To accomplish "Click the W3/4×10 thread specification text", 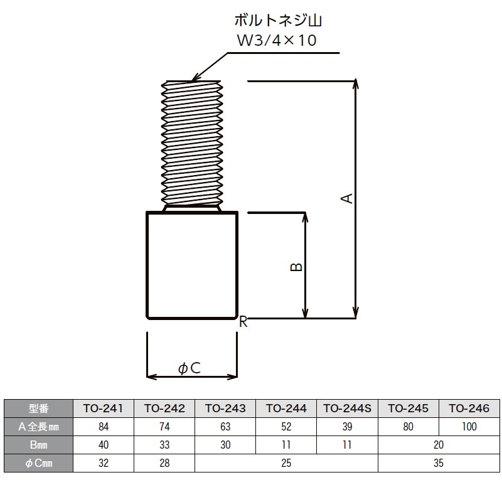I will click(x=274, y=41).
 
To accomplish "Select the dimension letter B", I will click(x=297, y=266).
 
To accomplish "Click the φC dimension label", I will click(x=190, y=368).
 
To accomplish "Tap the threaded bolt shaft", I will click(x=192, y=143).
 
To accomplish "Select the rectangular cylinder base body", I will click(x=192, y=265).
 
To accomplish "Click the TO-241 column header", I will click(x=104, y=409).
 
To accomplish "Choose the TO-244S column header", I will click(x=347, y=409).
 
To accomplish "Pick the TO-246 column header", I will click(x=468, y=409).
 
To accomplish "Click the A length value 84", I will click(x=104, y=427).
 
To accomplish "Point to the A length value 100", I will click(x=468, y=427).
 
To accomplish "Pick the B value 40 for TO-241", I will click(x=104, y=445).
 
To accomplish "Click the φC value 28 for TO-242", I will click(x=164, y=463).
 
